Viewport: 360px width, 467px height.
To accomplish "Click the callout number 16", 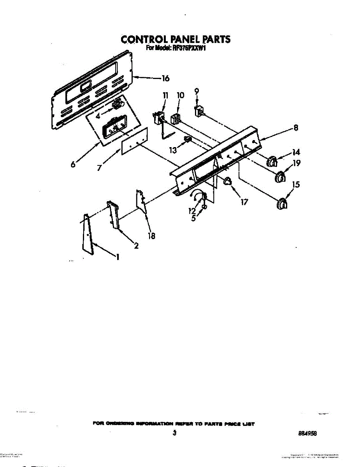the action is [x=165, y=79].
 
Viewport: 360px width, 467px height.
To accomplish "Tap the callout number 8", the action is [x=296, y=128].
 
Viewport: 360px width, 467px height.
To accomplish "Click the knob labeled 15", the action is [x=283, y=204].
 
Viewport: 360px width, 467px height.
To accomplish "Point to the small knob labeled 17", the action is [x=227, y=180].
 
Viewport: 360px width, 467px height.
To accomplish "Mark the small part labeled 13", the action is [x=188, y=139].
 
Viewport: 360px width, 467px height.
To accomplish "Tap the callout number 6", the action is [x=73, y=164].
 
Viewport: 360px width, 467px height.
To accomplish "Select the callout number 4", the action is [x=98, y=116].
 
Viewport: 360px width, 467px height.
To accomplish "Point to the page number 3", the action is [x=175, y=433].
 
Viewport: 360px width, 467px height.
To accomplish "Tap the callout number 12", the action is [x=192, y=211].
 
